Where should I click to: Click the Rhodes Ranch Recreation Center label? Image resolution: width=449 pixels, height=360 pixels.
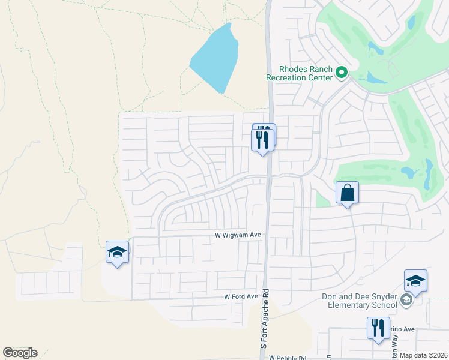[x=300, y=73]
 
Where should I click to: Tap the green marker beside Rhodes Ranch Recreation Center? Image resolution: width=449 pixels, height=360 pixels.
[x=342, y=73]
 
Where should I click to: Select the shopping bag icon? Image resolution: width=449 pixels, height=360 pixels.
[x=347, y=193]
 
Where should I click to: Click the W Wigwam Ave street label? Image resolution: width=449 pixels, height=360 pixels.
[x=238, y=236]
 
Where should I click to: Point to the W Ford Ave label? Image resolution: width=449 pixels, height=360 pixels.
[x=241, y=296]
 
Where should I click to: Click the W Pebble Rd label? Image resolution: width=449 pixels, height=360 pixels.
[x=288, y=358]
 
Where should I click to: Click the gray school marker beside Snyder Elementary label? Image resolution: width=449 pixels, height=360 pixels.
[x=406, y=301]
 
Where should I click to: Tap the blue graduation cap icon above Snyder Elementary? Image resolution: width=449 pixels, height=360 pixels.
[x=415, y=280]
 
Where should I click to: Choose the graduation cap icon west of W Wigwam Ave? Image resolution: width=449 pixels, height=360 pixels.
[x=118, y=252]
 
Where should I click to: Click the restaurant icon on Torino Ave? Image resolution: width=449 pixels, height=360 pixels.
[x=378, y=328]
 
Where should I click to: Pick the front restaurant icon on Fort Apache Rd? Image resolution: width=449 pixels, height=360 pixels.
[x=262, y=140]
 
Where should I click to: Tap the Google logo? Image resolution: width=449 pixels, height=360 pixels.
[x=20, y=353]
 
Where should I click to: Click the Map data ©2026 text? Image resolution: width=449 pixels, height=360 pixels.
[x=423, y=355]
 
